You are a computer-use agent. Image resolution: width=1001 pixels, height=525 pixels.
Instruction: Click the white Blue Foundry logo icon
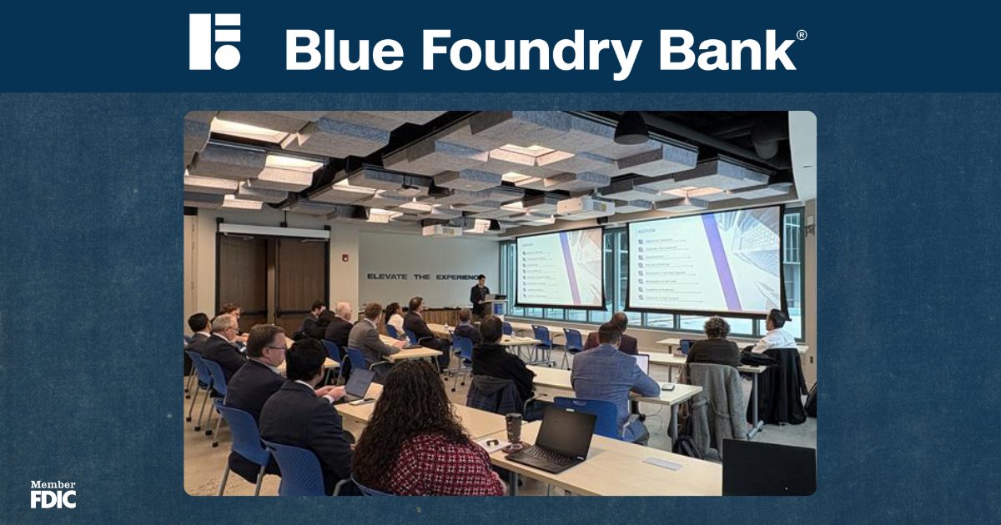coord(214,41)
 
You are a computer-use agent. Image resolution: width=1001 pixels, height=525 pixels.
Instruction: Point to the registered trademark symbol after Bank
coord(802,35)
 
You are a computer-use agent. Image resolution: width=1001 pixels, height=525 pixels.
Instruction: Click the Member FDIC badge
coord(53,494)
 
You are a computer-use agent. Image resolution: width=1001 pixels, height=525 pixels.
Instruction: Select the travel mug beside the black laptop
coord(513,427)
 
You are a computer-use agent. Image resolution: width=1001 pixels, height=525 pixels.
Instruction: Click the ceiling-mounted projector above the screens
coord(585,206)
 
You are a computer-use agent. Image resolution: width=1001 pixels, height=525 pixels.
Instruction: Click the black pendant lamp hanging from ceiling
coord(631,129)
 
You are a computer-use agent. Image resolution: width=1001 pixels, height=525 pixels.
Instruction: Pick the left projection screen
coord(559,267)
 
